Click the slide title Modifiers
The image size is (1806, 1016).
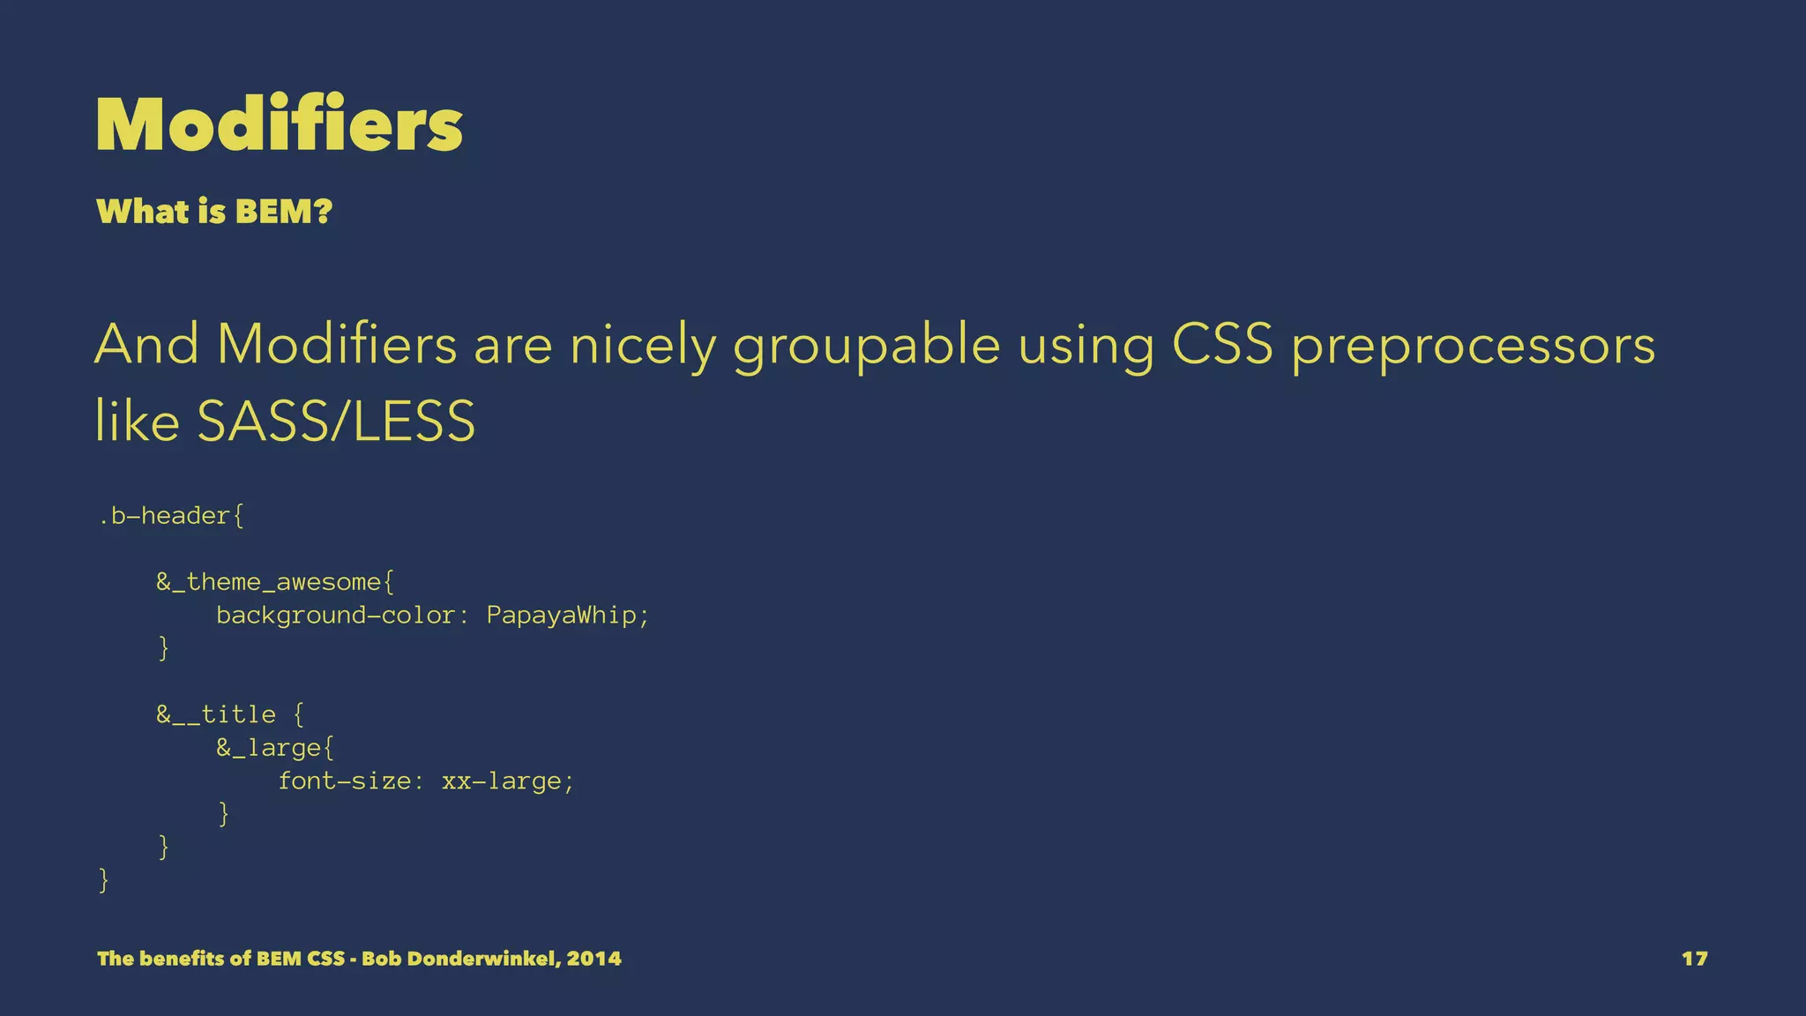pos(279,124)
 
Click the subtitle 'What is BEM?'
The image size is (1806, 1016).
pos(214,212)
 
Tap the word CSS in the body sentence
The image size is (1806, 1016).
pos(1222,344)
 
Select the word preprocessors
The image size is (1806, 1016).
pos(1473,346)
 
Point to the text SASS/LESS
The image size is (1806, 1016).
pos(336,421)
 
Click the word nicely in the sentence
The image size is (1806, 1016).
pos(642,346)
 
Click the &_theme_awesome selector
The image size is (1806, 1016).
pos(269,582)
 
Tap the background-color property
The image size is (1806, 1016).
pos(335,615)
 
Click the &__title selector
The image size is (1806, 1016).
pos(216,714)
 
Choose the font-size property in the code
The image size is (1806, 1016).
pos(344,781)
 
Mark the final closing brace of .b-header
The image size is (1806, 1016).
pos(103,880)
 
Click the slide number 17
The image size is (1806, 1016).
pos(1694,959)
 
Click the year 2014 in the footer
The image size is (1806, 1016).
pos(593,959)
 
